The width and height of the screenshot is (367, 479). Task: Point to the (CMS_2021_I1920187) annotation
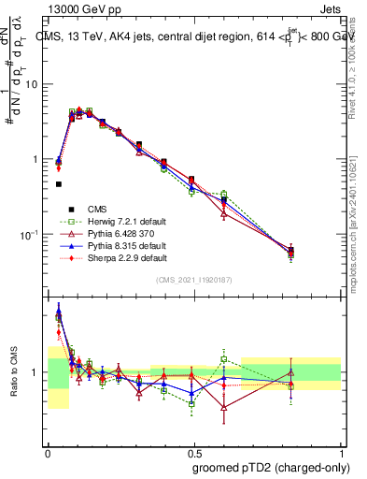194,279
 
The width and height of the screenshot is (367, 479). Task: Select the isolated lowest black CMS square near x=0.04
58,184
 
